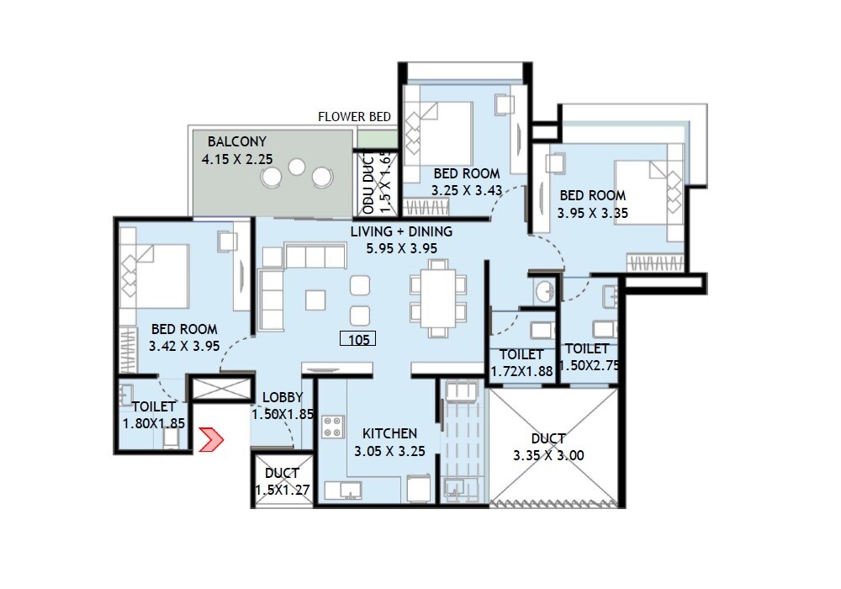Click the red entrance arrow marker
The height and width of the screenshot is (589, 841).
(210, 439)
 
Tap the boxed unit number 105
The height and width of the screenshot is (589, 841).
(357, 339)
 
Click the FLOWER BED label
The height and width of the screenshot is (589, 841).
(354, 117)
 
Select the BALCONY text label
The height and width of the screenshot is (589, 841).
(237, 141)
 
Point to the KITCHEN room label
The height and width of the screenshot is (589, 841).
(389, 433)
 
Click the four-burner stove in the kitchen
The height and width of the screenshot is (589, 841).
(333, 427)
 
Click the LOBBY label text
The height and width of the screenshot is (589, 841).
(283, 397)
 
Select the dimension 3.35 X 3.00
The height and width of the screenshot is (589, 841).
(548, 456)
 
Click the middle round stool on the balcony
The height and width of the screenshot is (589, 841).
(296, 167)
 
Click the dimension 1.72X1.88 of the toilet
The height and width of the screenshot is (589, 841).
(521, 371)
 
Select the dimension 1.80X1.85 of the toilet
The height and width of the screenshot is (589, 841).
(154, 424)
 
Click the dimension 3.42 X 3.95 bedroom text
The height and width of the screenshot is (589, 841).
(183, 346)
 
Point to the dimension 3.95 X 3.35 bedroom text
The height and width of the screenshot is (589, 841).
(593, 214)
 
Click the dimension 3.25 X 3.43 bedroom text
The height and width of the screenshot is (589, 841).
(468, 191)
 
